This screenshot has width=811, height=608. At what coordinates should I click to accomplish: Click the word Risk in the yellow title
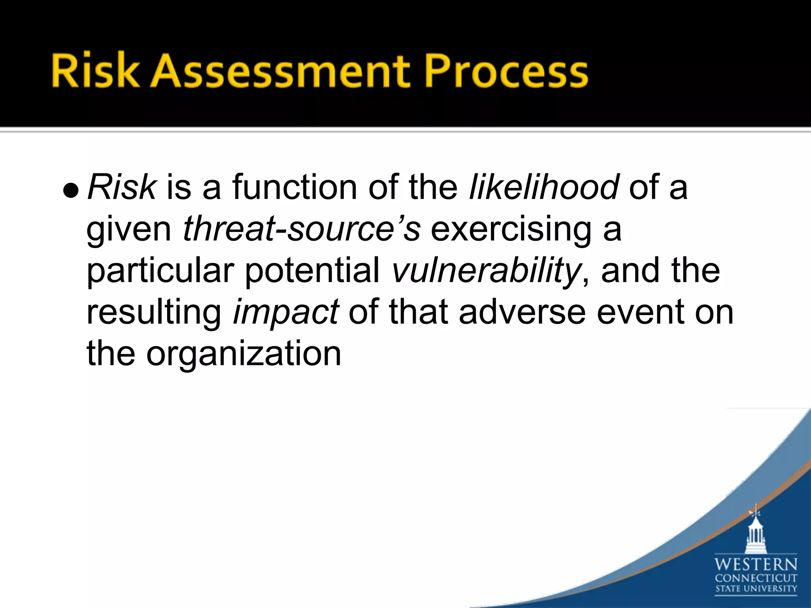tap(95, 71)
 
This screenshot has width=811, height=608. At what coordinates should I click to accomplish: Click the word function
tap(295, 187)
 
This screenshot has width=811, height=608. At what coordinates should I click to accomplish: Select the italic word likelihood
tap(543, 187)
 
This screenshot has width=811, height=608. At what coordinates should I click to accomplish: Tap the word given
tap(129, 230)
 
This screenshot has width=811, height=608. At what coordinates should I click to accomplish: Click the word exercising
tap(511, 230)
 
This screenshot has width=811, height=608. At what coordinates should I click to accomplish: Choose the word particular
tap(160, 272)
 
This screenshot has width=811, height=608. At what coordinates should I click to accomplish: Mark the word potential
tap(312, 272)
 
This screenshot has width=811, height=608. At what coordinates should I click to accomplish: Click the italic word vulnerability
tap(485, 272)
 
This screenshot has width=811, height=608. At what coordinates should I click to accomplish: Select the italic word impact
tap(286, 313)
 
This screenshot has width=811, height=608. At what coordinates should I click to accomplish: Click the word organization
tap(243, 354)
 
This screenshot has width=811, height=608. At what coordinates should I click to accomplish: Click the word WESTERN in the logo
tap(756, 564)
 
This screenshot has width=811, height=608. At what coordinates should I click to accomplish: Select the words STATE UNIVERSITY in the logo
tap(756, 589)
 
